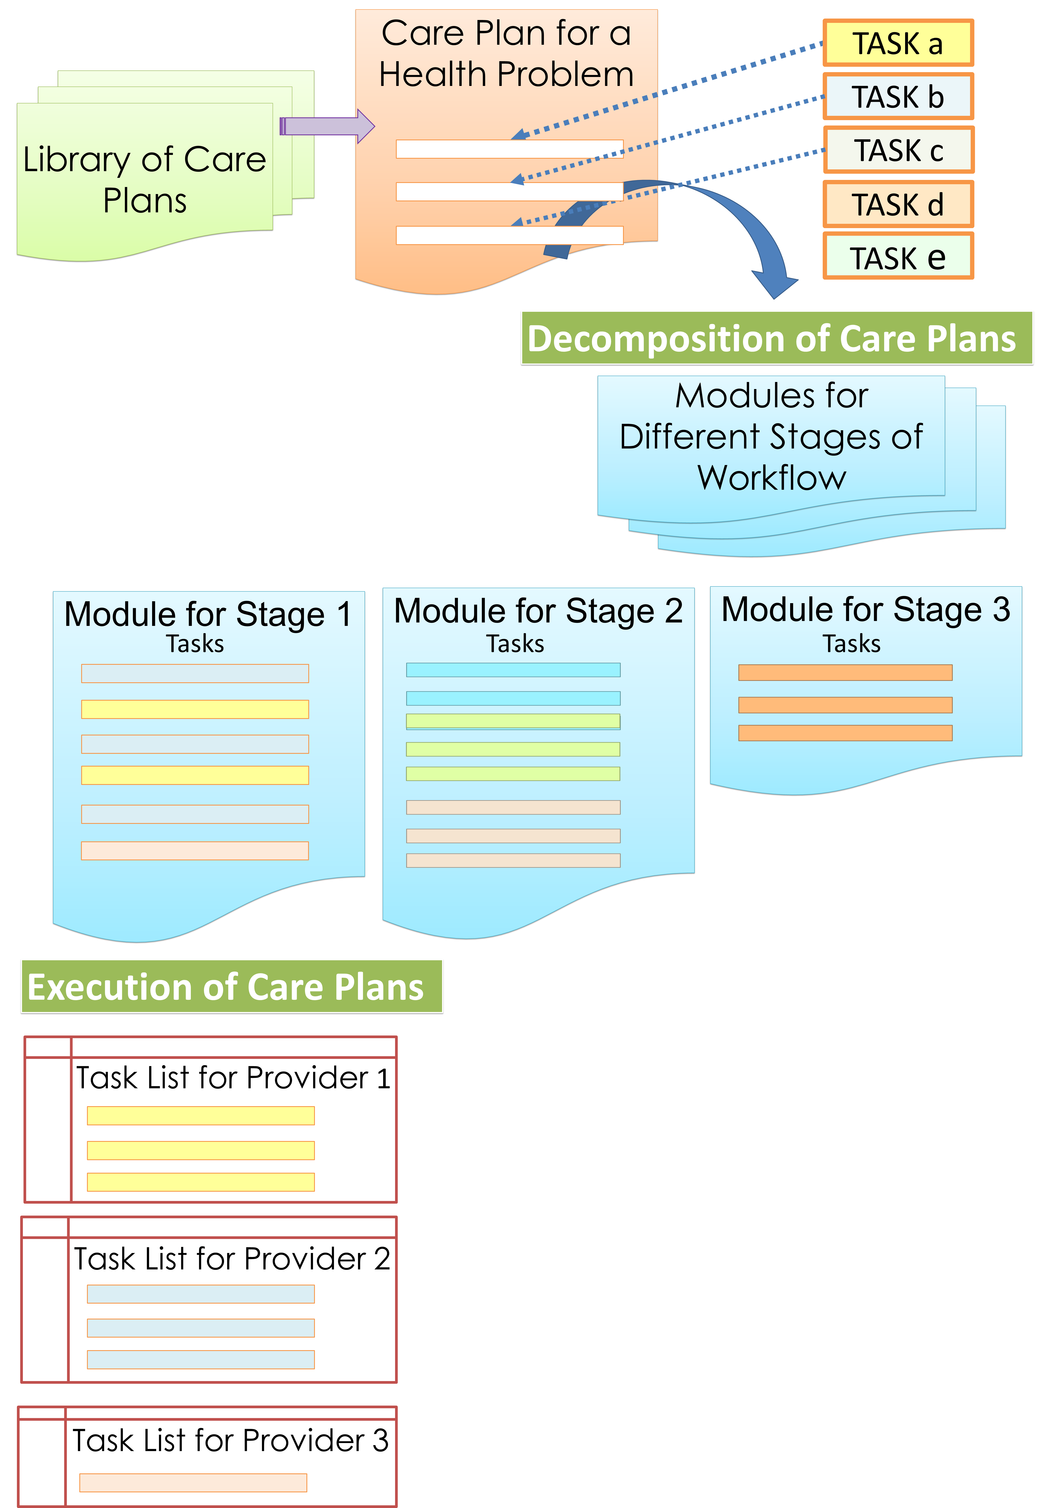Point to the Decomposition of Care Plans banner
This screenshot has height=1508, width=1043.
click(x=776, y=338)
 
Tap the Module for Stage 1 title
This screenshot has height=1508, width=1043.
click(x=208, y=614)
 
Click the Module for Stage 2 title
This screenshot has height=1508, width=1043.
click(x=538, y=611)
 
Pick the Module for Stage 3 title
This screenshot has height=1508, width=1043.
click(x=865, y=609)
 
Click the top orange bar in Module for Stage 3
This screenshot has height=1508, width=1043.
click(x=845, y=672)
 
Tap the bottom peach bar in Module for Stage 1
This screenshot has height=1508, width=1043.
click(x=195, y=851)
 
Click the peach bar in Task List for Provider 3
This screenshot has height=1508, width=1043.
click(x=193, y=1482)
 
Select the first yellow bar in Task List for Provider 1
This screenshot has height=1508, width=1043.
click(x=201, y=1115)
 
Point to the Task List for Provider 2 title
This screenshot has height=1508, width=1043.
click(x=232, y=1258)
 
